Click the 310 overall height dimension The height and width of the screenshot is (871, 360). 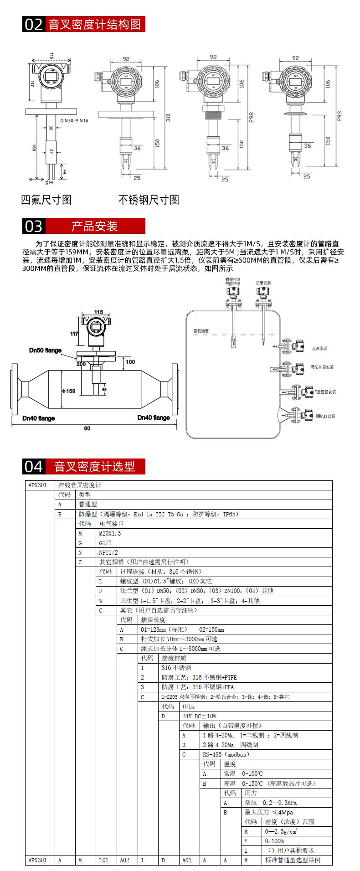point(168,117)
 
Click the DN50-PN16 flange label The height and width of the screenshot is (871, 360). point(74,120)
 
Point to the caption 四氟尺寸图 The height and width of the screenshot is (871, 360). point(46,199)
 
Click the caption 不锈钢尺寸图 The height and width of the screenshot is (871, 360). point(149,199)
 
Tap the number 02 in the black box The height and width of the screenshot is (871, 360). point(33,24)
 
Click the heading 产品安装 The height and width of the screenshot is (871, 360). point(95,226)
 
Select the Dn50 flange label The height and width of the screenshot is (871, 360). point(45,350)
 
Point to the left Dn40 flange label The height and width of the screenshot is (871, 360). point(39,418)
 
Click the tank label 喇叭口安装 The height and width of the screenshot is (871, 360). point(326,416)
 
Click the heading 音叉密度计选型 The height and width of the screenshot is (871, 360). point(95,466)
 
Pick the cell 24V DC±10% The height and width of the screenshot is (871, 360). point(200,716)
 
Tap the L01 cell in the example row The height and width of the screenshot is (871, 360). point(104,860)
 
